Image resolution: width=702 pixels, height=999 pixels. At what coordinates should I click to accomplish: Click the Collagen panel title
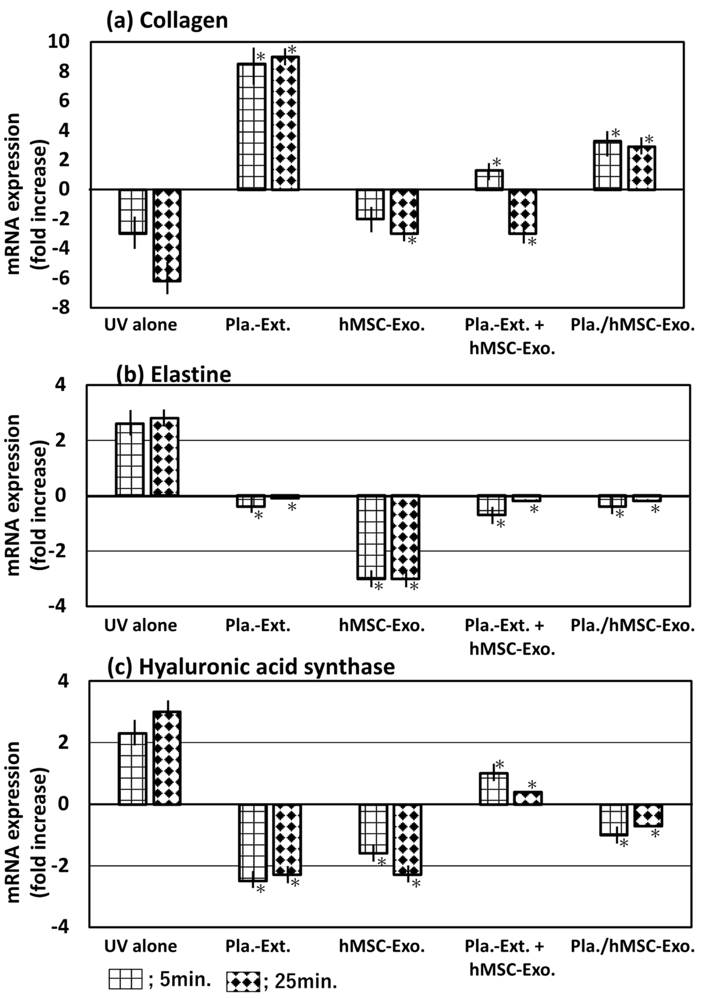coord(167,21)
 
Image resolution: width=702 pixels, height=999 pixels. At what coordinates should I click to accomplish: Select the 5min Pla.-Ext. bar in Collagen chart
coord(251,126)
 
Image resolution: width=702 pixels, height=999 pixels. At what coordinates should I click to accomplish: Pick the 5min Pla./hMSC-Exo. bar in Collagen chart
coord(608,165)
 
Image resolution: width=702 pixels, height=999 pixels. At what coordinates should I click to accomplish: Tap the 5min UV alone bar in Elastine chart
coord(130,459)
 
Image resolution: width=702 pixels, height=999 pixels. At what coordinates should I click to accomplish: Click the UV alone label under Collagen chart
coord(140,325)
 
